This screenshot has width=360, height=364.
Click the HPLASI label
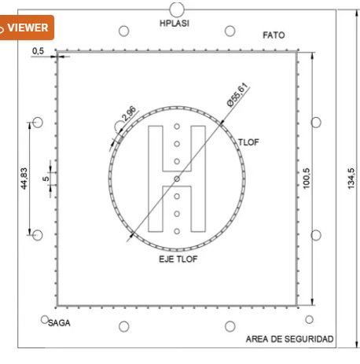pos(174,24)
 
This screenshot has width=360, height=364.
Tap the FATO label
pos(274,35)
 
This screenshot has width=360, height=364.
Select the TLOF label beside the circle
pos(248,142)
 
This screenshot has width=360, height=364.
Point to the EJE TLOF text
pos(178,259)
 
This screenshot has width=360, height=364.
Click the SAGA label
pos(59,323)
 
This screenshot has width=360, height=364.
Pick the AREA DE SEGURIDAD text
pos(289,339)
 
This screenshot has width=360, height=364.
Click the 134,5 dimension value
pos(351,178)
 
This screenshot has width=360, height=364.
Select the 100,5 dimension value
pos(307,178)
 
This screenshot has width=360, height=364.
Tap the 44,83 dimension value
pos(24,178)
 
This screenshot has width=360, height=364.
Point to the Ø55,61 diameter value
pos(237,94)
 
